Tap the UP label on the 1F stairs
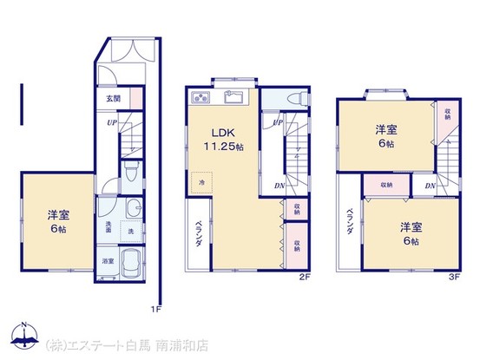tap(113, 122)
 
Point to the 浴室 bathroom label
tap(108, 261)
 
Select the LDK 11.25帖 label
tap(218, 140)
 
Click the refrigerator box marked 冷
tap(201, 182)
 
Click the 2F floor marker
tap(304, 278)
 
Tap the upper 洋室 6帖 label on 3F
tap(386, 136)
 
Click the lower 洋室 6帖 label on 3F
tap(411, 233)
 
